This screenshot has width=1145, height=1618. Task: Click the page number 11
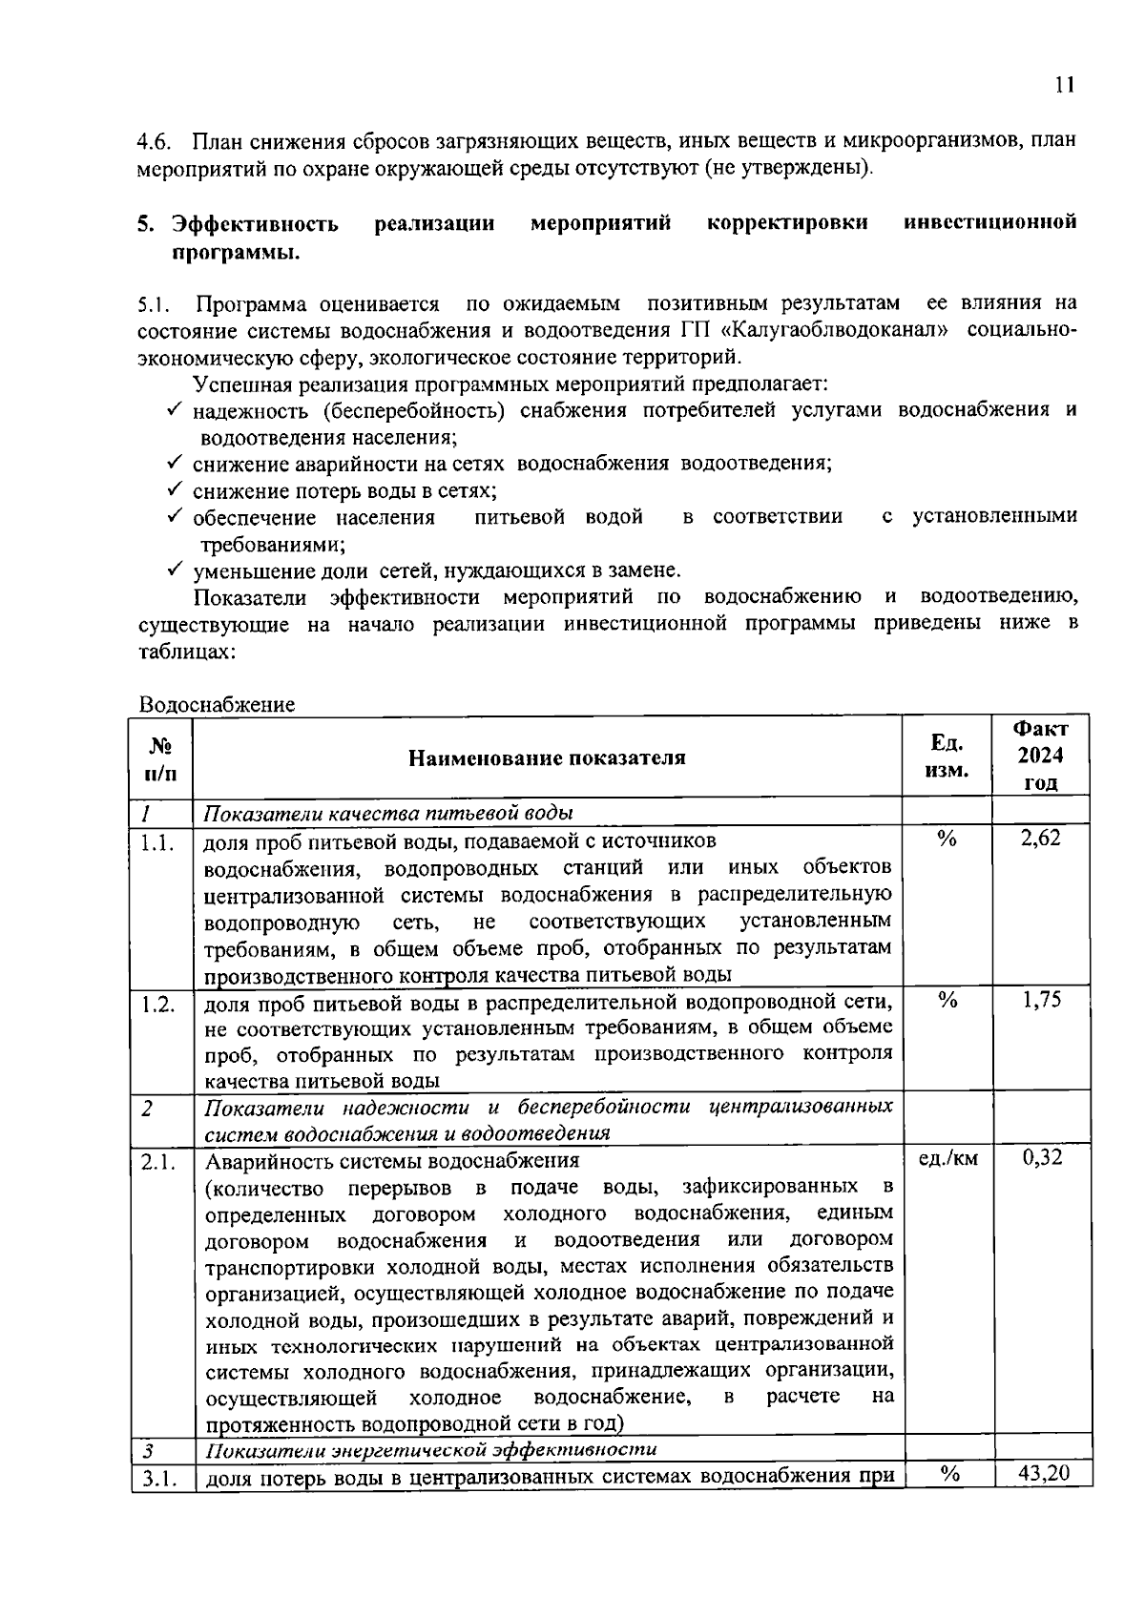coord(1065,85)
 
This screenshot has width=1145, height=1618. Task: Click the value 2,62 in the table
coord(1040,839)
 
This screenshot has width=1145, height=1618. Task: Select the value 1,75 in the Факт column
coord(1040,1000)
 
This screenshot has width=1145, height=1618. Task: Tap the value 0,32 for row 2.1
coord(1042,1158)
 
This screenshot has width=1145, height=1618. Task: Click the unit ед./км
coord(947,1158)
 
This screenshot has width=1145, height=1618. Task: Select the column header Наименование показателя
coord(547,757)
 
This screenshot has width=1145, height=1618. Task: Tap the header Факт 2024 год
coord(1040,756)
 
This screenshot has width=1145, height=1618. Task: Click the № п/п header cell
coord(162,757)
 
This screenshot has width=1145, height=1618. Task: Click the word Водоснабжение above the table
coord(217,705)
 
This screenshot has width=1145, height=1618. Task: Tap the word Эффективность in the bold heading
coord(255,223)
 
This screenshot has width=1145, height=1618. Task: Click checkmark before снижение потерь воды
coord(174,489)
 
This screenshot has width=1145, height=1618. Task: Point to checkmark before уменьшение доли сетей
coord(174,570)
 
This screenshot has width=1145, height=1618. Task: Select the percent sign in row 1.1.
coord(947,839)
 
